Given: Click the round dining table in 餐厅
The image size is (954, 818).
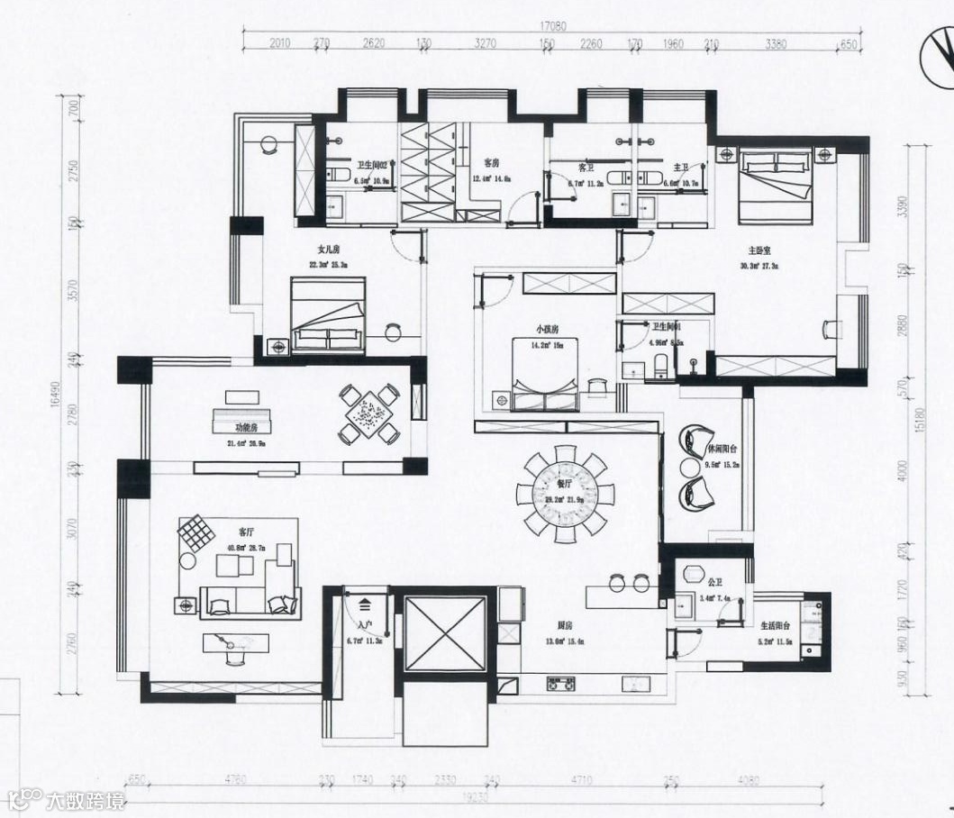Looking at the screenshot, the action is (565, 495).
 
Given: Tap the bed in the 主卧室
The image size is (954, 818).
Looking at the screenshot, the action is (774, 186).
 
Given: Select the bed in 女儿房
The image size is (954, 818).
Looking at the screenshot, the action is (328, 313).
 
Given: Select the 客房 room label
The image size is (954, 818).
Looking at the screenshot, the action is (491, 163).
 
